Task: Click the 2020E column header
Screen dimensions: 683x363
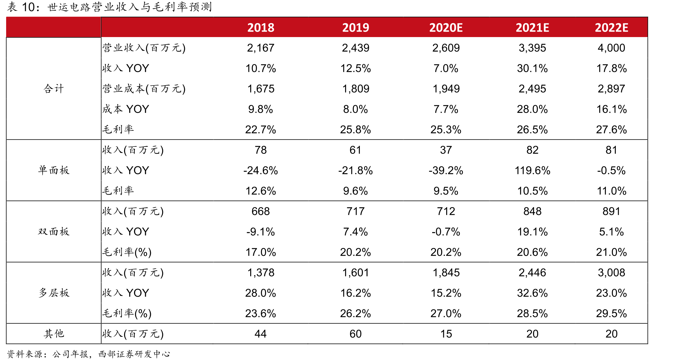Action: click(446, 28)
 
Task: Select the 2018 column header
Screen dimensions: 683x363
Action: click(261, 28)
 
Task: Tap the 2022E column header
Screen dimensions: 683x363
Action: click(611, 28)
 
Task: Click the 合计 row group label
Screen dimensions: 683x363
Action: click(54, 88)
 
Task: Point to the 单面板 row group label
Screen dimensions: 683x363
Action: click(54, 170)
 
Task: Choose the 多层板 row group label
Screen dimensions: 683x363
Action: click(54, 293)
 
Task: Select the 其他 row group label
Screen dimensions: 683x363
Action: click(54, 334)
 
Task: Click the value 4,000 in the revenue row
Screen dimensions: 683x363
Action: click(611, 48)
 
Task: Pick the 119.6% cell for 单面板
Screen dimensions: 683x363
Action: click(532, 170)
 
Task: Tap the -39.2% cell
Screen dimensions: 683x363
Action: click(446, 170)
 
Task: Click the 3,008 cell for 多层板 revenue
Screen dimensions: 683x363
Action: click(611, 273)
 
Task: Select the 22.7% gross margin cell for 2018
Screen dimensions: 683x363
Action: click(260, 130)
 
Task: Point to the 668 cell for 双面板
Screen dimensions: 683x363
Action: click(260, 211)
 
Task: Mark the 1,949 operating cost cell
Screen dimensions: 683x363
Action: click(446, 89)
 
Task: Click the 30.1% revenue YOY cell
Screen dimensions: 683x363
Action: click(532, 68)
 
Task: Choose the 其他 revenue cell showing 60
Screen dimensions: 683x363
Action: click(355, 334)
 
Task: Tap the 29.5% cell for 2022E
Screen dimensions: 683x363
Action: click(611, 313)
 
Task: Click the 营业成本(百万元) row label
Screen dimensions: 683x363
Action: click(144, 89)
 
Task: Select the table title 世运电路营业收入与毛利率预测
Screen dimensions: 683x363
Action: click(130, 7)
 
